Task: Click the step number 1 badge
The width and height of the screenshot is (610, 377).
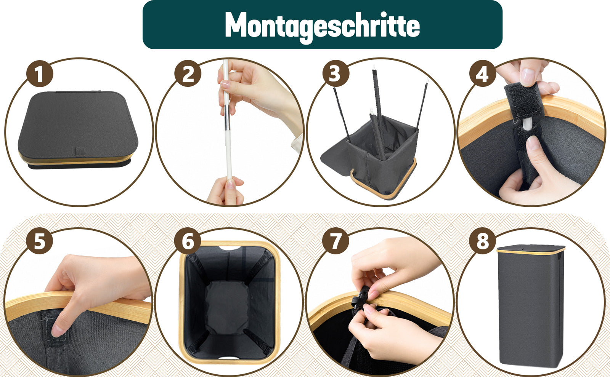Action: [x=40, y=74]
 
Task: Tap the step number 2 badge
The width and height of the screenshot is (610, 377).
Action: [x=188, y=74]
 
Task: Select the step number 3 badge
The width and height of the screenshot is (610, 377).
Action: [x=336, y=74]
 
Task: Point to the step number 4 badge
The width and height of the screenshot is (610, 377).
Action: [x=483, y=74]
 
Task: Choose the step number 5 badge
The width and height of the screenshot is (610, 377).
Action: [x=40, y=241]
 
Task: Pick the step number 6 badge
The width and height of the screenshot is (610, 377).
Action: [x=188, y=241]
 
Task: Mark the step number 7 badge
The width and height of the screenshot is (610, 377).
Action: [x=335, y=241]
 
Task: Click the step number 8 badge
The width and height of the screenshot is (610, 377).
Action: [x=483, y=241]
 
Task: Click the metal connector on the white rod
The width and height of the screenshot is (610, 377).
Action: [x=227, y=117]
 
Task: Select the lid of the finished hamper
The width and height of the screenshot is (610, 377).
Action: [x=531, y=249]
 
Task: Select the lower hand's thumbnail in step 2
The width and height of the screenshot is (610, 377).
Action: [x=231, y=184]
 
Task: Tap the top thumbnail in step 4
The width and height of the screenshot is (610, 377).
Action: [x=528, y=77]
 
